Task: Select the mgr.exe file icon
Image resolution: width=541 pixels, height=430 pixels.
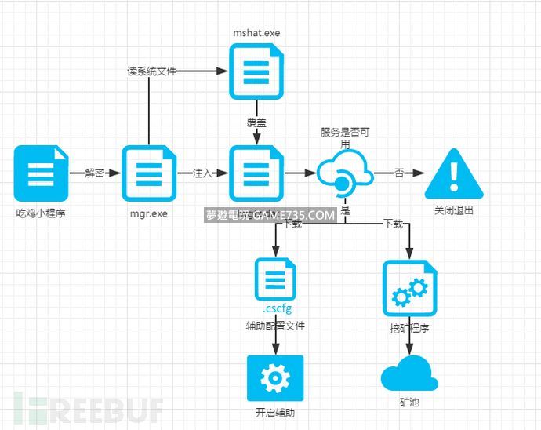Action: [147, 173]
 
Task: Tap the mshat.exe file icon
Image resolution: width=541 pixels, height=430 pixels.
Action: [256, 71]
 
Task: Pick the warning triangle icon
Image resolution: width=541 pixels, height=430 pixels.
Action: [454, 174]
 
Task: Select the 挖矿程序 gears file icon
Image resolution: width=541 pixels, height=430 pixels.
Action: [409, 288]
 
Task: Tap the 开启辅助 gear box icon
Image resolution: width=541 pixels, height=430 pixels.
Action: [274, 378]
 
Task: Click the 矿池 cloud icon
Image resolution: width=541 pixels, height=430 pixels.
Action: [409, 373]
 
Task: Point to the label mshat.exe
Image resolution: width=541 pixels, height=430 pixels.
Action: [256, 33]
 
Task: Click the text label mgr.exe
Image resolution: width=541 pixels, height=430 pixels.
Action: [148, 213]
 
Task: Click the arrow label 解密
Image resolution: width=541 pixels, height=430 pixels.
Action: [95, 173]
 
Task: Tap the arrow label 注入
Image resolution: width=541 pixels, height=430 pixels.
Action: [202, 173]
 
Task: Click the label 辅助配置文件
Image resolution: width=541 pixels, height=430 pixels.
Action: [275, 326]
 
